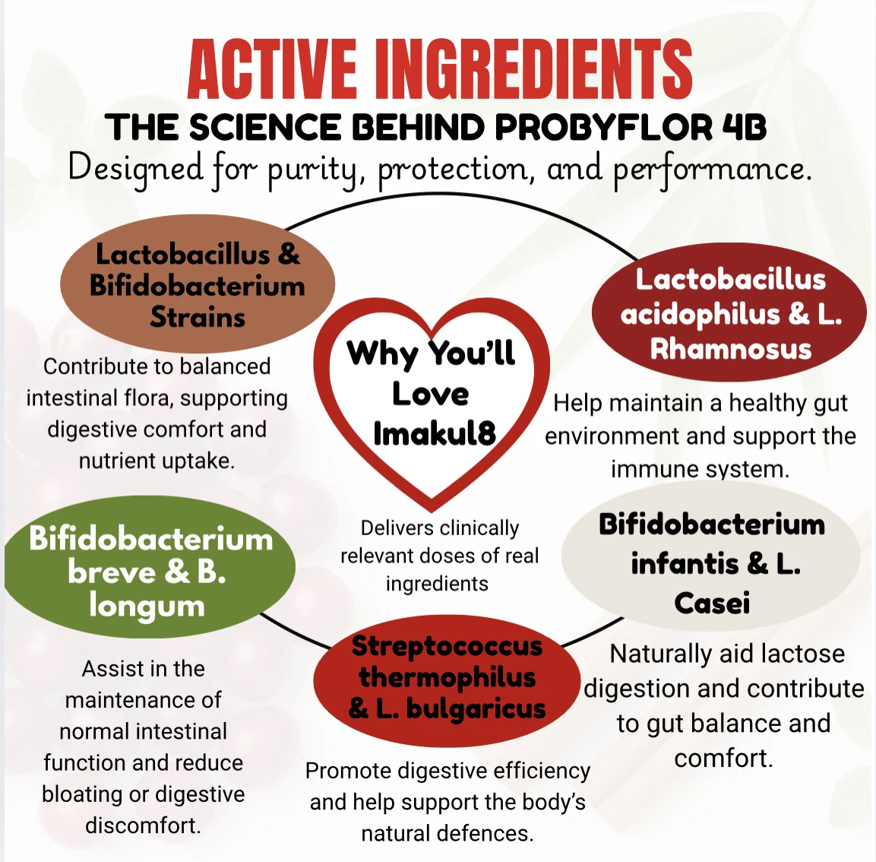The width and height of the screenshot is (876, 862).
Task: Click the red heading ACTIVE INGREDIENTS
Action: [x=439, y=70]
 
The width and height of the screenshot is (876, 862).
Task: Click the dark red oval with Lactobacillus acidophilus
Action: [x=729, y=313]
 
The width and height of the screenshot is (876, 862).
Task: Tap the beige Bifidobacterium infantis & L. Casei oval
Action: [x=711, y=563]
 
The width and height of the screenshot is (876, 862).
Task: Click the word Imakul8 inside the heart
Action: [x=434, y=433]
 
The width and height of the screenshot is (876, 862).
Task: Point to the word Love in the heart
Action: [x=430, y=394]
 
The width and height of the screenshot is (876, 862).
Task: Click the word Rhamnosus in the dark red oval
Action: [x=731, y=349]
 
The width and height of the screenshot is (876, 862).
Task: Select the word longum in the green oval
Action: [x=147, y=607]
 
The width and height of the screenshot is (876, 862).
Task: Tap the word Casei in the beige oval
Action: [x=712, y=604]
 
